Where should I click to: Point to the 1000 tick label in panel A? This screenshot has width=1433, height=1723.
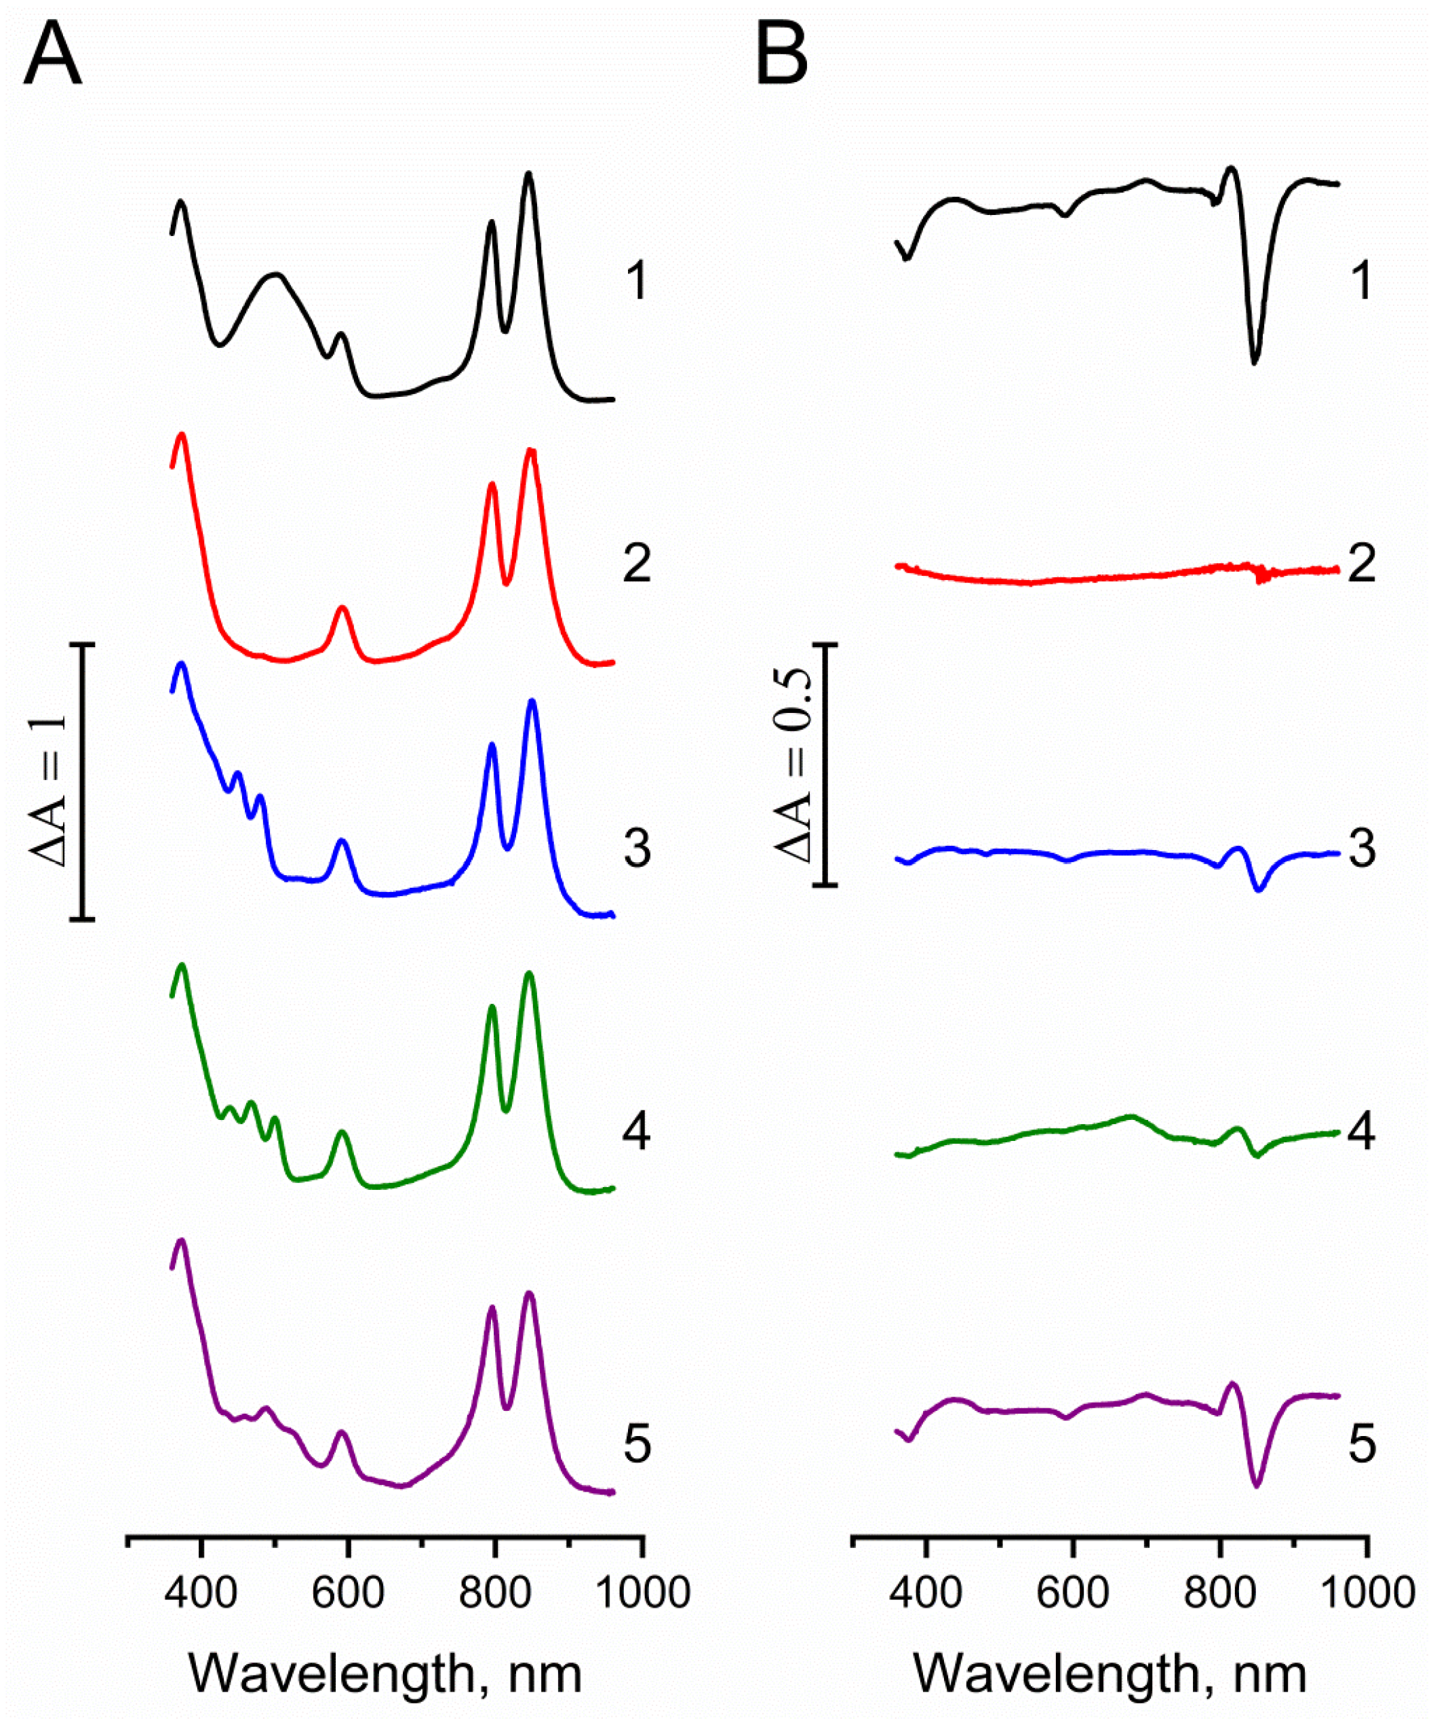[642, 1593]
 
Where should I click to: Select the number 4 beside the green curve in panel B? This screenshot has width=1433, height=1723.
[1362, 1132]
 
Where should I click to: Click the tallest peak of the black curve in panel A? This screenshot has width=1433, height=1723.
[528, 174]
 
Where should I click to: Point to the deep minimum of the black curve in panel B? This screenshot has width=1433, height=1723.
[1254, 361]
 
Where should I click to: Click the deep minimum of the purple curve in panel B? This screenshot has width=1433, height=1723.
[1256, 1485]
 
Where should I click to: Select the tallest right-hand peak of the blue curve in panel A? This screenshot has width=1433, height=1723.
[532, 701]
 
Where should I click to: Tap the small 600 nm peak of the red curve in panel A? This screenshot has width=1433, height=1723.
[343, 608]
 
